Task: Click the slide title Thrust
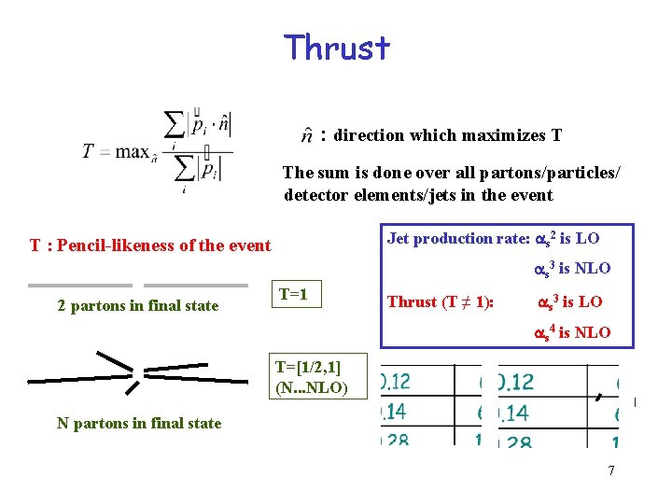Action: click(x=337, y=47)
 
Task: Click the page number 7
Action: click(x=611, y=470)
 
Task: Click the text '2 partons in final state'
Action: click(x=137, y=305)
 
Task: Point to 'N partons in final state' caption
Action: click(x=139, y=423)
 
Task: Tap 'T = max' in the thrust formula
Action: click(x=116, y=151)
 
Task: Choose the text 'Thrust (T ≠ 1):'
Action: click(x=441, y=301)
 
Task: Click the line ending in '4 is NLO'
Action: click(x=571, y=332)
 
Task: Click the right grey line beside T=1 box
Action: click(x=196, y=285)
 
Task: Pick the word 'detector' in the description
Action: click(x=315, y=195)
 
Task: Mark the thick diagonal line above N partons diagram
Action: click(x=115, y=358)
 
